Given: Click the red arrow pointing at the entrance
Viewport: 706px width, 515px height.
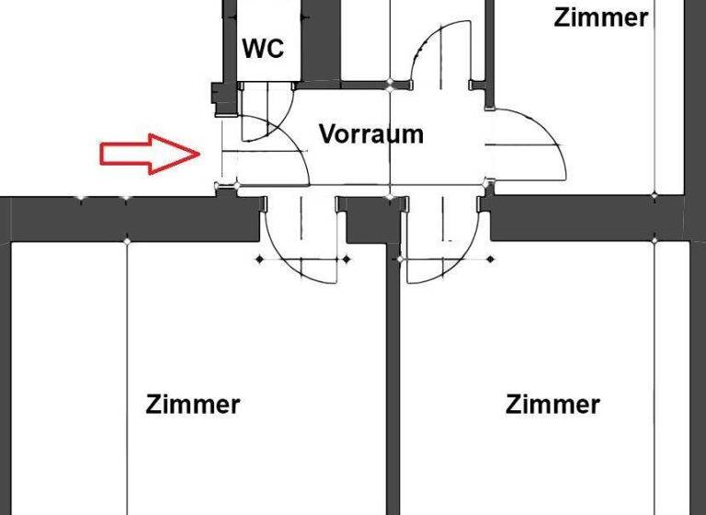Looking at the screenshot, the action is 149,154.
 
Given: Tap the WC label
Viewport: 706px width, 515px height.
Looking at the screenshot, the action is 263,48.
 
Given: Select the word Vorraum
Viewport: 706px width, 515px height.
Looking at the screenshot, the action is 371,134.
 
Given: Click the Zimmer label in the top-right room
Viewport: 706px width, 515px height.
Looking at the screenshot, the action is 600,17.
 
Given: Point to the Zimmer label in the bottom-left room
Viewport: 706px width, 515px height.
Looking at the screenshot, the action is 193,404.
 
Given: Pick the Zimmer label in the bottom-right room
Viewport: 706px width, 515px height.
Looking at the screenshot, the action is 552,404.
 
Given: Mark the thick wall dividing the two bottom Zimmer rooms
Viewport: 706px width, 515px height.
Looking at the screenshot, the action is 393,386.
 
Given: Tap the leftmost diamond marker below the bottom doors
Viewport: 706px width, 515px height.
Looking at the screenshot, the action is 259,259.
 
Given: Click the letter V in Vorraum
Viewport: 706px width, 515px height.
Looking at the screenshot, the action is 327,134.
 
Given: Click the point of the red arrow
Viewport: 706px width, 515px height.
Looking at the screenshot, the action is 200,154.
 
